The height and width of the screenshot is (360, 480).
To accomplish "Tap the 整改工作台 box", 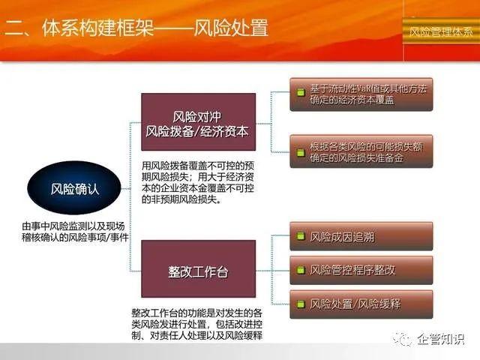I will click(198, 271).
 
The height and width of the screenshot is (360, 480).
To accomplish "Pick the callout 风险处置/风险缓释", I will click(361, 304).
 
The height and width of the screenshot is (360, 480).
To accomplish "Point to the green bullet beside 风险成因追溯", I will click(301, 237).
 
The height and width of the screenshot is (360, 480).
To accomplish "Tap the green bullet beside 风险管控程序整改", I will click(301, 268).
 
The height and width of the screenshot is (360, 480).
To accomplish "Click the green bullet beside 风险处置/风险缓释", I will click(301, 304).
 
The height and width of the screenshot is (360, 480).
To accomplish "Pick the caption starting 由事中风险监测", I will click(73, 231).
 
